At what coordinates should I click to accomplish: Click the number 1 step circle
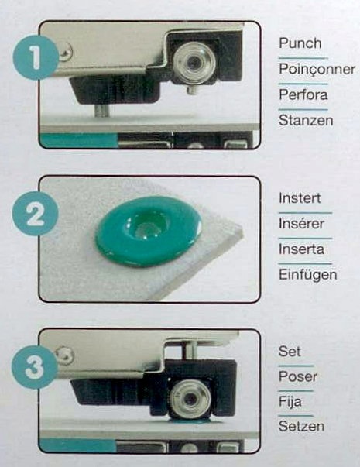pos(35,57)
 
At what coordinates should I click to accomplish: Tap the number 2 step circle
pos(35,213)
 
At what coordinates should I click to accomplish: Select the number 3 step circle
pos(35,366)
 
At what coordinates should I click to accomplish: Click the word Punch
pos(300,43)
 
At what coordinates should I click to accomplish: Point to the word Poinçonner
pos(317,69)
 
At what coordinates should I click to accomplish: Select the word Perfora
pos(303,94)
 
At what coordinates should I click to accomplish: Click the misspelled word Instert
pos(300,198)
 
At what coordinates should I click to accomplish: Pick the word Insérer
pos(301,223)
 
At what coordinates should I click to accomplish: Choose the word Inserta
pos(301,249)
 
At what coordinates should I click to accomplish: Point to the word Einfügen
pos(308,275)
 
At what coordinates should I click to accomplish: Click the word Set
pos(290,352)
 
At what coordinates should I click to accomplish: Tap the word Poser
pos(298,376)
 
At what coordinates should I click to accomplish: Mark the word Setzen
pos(301,426)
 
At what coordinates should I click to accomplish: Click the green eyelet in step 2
pos(149,231)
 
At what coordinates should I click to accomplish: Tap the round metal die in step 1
pos(194,62)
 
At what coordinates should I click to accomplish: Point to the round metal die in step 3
pos(190,398)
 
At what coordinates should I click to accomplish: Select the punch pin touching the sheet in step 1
pos(103,110)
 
